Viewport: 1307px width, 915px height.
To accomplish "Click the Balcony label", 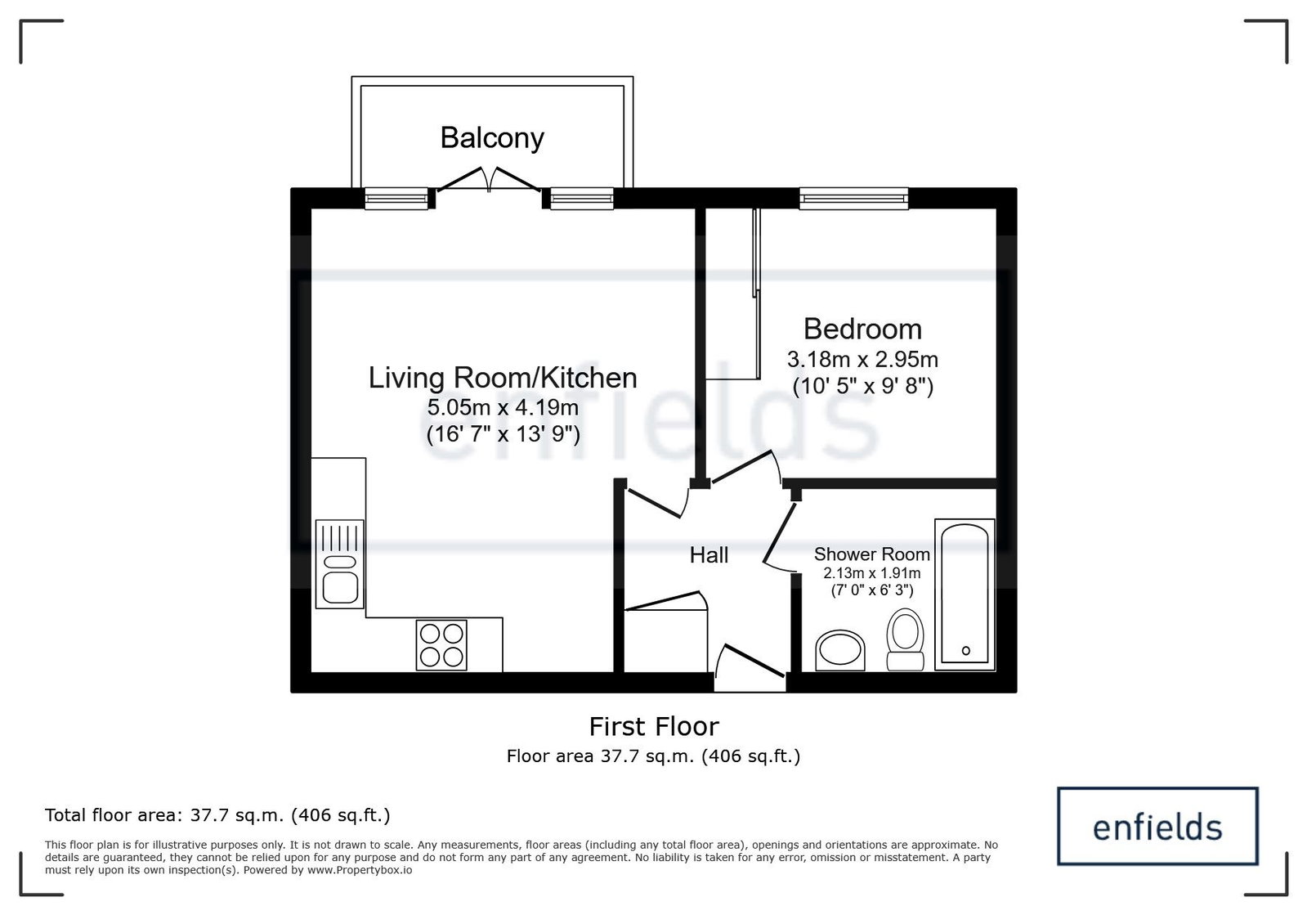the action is pyautogui.click(x=492, y=138).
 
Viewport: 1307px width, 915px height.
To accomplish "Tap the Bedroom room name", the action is pyautogui.click(x=862, y=329).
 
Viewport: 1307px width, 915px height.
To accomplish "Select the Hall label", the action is pyautogui.click(x=709, y=555).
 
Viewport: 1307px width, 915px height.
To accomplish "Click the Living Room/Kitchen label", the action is pyautogui.click(x=503, y=378).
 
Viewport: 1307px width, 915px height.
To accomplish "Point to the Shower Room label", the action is pyautogui.click(x=871, y=554).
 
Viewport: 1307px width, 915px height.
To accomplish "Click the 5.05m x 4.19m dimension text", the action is pyautogui.click(x=503, y=407).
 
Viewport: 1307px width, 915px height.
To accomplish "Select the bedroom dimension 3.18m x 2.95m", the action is pyautogui.click(x=862, y=360).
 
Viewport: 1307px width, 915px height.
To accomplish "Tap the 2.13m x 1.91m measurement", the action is pyautogui.click(x=871, y=573).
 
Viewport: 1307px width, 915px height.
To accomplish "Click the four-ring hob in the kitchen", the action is pyautogui.click(x=441, y=645).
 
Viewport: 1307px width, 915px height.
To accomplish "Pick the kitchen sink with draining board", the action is pyautogui.click(x=339, y=564).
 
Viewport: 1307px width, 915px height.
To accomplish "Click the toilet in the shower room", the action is pyautogui.click(x=905, y=639).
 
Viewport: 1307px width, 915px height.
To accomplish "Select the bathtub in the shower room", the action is pyautogui.click(x=965, y=594).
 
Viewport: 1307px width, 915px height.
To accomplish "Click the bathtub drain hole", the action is pyautogui.click(x=965, y=651).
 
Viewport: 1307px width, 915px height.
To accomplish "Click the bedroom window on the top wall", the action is pyautogui.click(x=853, y=199).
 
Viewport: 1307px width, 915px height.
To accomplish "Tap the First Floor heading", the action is pyautogui.click(x=654, y=727).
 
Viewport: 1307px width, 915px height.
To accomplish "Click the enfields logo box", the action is pyautogui.click(x=1157, y=826).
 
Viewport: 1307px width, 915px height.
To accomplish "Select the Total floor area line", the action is pyautogui.click(x=217, y=815).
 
